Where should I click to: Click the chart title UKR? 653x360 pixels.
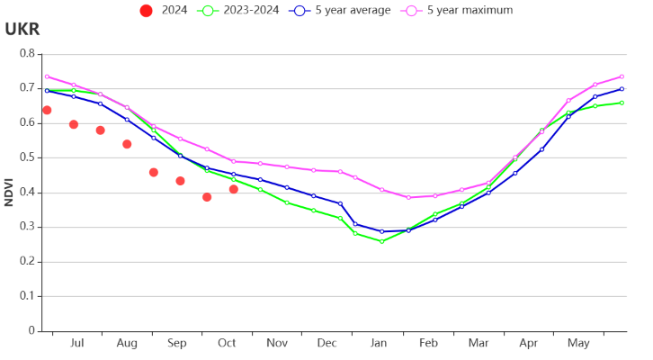pyautogui.click(x=22, y=29)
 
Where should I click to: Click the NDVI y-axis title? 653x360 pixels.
pyautogui.click(x=9, y=193)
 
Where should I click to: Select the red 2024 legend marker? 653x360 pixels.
pyautogui.click(x=147, y=11)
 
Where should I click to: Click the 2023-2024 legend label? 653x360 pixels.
pyautogui.click(x=251, y=10)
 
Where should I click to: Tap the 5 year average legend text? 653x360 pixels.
pyautogui.click(x=353, y=10)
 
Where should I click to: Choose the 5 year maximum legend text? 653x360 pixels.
pyautogui.click(x=470, y=10)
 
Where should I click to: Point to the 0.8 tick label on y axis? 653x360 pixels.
pyautogui.click(x=28, y=53)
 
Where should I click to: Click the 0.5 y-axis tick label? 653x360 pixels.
pyautogui.click(x=28, y=157)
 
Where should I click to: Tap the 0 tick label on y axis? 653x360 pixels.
pyautogui.click(x=31, y=330)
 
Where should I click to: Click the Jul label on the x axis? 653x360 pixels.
pyautogui.click(x=77, y=343)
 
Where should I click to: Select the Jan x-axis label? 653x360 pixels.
pyautogui.click(x=379, y=343)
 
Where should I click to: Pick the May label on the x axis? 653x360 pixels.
pyautogui.click(x=578, y=343)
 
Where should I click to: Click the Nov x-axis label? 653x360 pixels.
pyautogui.click(x=277, y=343)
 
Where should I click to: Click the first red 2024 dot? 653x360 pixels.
pyautogui.click(x=47, y=110)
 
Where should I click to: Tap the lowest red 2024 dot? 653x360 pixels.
pyautogui.click(x=207, y=197)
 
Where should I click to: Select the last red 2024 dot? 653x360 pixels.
pyautogui.click(x=234, y=189)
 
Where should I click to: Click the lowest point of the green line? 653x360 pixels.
pyautogui.click(x=382, y=241)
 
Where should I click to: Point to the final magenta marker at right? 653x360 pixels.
pyautogui.click(x=622, y=76)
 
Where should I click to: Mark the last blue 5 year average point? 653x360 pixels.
pyautogui.click(x=622, y=89)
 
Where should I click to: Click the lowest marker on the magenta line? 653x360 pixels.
pyautogui.click(x=408, y=197)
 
